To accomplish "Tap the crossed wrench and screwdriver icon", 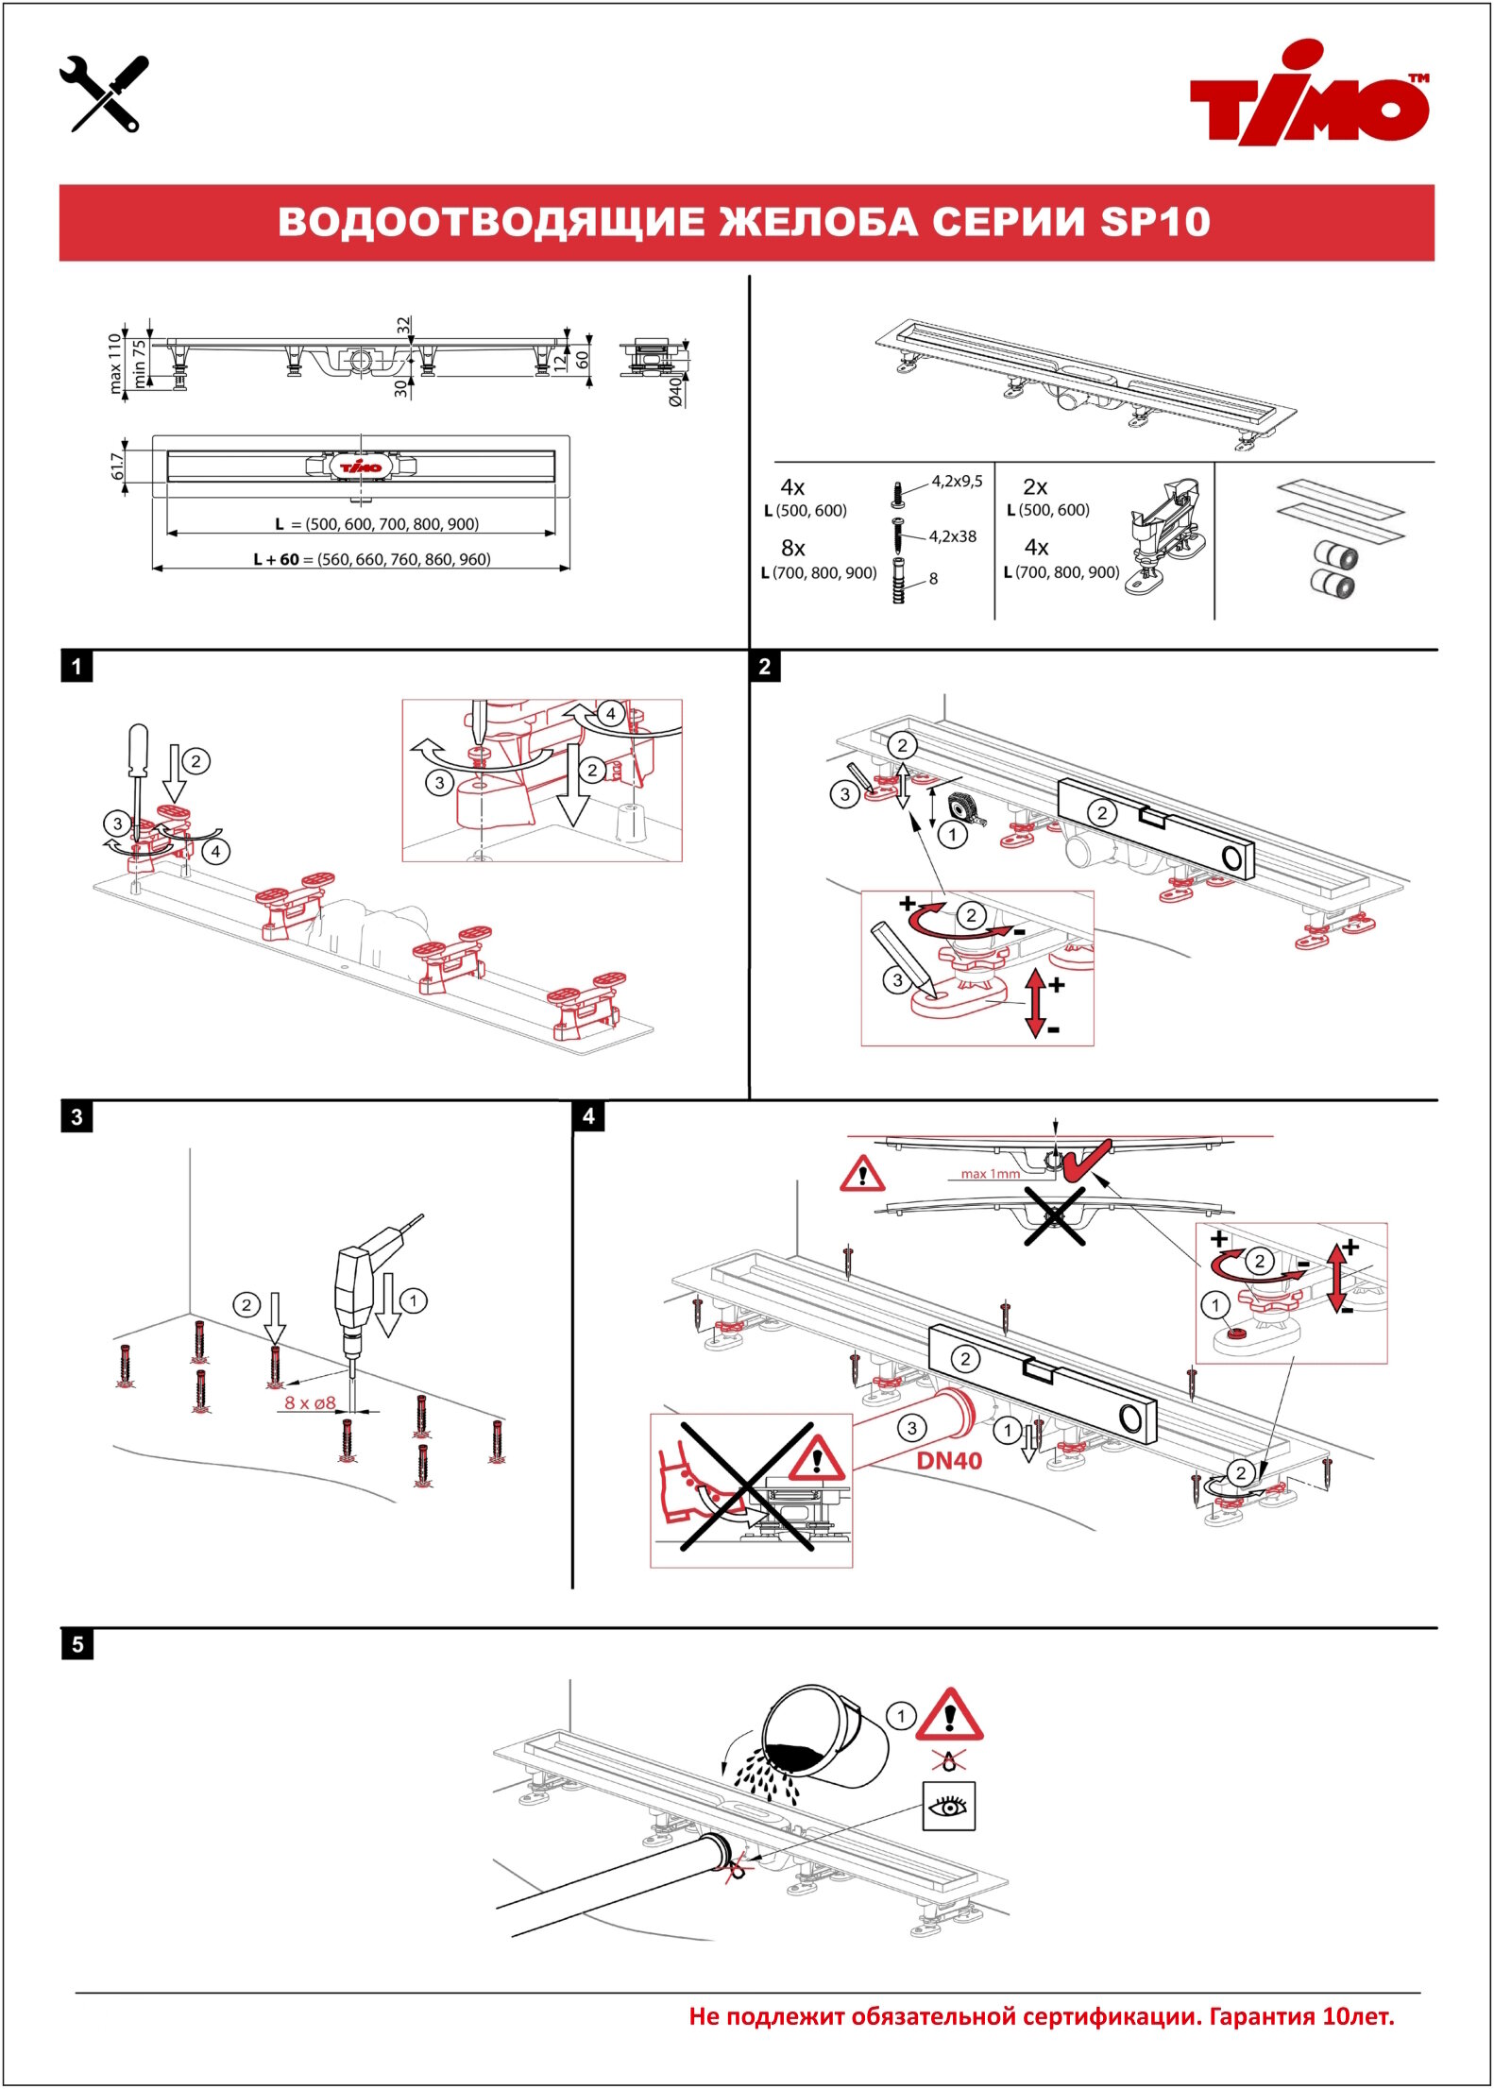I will pos(104,93).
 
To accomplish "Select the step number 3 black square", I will pos(76,1116).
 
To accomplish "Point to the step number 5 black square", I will pos(76,1644).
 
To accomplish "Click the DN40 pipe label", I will pos(949,1461).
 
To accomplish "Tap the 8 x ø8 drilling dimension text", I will pos(310,1403).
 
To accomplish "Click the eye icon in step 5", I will pos(948,1807).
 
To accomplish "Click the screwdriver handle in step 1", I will pos(138,750).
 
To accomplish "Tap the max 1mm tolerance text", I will pos(990,1174).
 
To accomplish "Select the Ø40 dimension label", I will pos(675,391).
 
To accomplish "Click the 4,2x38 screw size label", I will pos(952,536).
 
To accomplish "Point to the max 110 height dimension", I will pos(115,362).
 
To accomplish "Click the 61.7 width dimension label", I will pos(117,466).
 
